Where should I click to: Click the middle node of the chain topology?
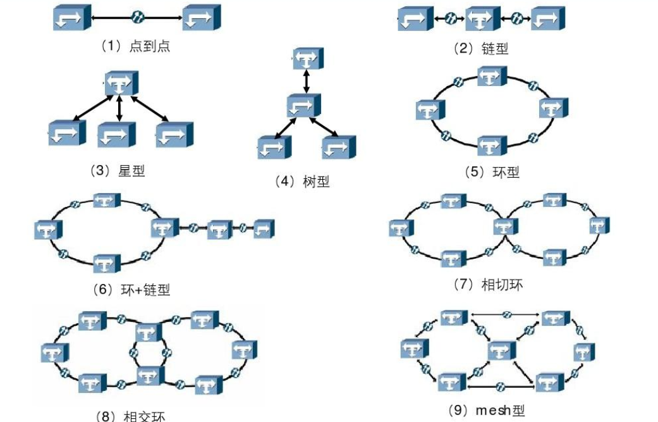click(x=482, y=18)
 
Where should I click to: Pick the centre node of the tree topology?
click(x=303, y=104)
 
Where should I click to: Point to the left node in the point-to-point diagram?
click(x=70, y=19)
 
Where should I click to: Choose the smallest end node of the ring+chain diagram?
click(x=264, y=229)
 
